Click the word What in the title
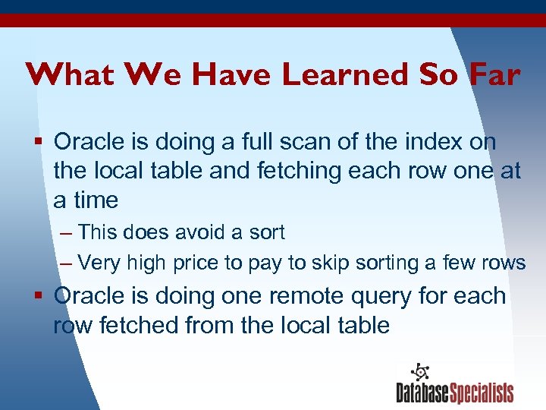pyautogui.click(x=66, y=74)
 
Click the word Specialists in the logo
pyautogui.click(x=482, y=393)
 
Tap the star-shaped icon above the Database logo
pyautogui.click(x=419, y=372)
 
